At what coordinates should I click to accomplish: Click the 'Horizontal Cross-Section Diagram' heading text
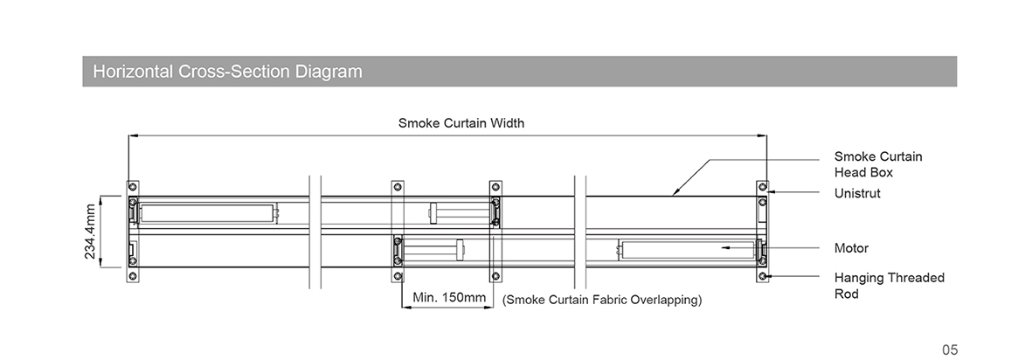pyautogui.click(x=228, y=71)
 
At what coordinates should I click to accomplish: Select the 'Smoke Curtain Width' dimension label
pyautogui.click(x=461, y=123)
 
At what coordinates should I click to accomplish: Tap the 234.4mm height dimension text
pyautogui.click(x=90, y=231)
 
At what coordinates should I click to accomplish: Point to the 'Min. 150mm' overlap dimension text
pyautogui.click(x=449, y=297)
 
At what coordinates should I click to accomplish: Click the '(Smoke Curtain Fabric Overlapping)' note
pyautogui.click(x=602, y=300)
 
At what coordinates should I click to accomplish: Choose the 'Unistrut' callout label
pyautogui.click(x=857, y=193)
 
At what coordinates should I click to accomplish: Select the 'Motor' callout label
pyautogui.click(x=852, y=248)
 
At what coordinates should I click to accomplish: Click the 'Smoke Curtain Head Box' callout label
pyautogui.click(x=878, y=164)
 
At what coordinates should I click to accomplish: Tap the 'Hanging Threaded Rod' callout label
pyautogui.click(x=890, y=286)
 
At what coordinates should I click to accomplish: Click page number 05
pyautogui.click(x=950, y=350)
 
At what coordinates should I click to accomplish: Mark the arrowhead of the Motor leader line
pyautogui.click(x=725, y=247)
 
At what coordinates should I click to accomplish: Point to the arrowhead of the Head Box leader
pyautogui.click(x=674, y=193)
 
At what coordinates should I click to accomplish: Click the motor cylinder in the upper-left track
pyautogui.click(x=207, y=212)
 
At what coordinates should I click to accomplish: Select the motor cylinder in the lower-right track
pyautogui.click(x=688, y=250)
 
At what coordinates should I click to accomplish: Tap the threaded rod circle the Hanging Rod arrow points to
pyautogui.click(x=762, y=276)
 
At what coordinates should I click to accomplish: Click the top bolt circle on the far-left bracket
pyautogui.click(x=132, y=187)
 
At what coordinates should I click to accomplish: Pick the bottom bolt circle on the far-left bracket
pyautogui.click(x=132, y=276)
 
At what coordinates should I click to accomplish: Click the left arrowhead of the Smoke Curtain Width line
pyautogui.click(x=132, y=135)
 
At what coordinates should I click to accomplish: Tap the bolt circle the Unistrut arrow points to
pyautogui.click(x=762, y=187)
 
